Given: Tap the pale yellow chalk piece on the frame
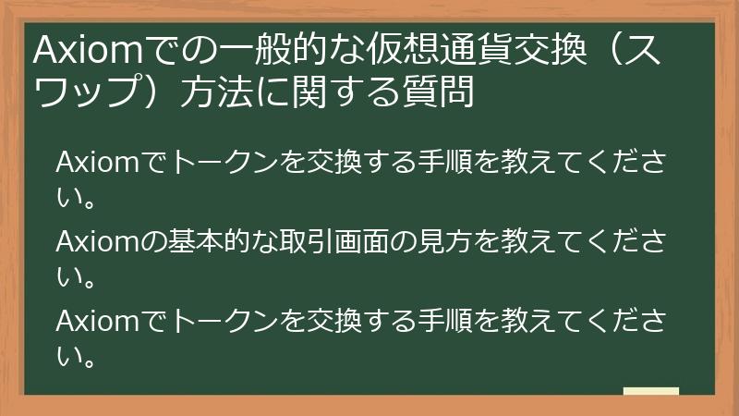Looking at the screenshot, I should tap(651, 392).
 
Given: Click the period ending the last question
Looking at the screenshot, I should tap(91, 356).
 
